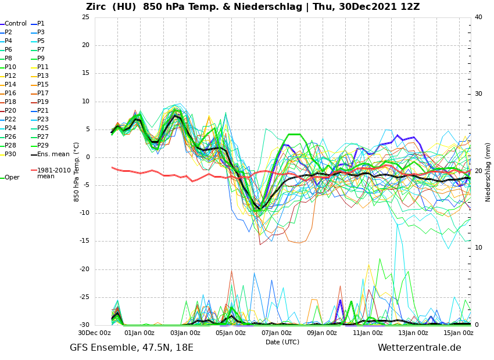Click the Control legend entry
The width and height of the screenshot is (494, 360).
pos(16,24)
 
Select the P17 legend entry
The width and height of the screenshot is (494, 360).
pos(43,93)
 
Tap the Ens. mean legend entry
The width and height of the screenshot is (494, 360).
pos(53,154)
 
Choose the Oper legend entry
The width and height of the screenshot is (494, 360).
pos(12,178)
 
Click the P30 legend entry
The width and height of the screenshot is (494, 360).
pos(10,154)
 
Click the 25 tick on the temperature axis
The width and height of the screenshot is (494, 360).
pos(85,17)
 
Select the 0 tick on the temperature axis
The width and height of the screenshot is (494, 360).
pos(87,157)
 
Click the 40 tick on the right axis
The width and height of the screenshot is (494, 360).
pos(478,17)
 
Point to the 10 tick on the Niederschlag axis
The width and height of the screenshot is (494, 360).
pos(478,248)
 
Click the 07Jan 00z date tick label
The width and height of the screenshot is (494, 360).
pos(276,333)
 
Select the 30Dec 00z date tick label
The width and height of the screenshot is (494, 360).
pos(94,333)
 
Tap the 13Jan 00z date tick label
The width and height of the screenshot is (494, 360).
pos(413,333)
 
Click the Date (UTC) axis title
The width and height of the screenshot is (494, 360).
pos(282,342)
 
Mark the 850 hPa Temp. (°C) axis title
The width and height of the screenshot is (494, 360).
pos(77,171)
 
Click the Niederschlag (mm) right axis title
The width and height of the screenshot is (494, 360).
pos(488,172)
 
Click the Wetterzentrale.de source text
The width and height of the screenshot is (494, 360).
pos(419,348)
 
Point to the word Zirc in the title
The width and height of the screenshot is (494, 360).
pos(97,7)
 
